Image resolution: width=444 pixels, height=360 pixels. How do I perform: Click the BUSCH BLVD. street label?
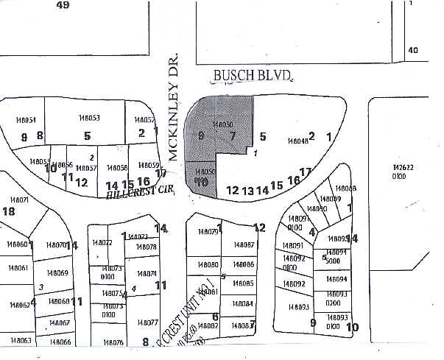pos(253,75)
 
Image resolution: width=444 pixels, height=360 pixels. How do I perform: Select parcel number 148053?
pos(89,118)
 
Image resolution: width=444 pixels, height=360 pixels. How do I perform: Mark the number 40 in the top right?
pos(412,50)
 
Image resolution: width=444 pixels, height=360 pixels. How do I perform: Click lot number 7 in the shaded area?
pos(233,136)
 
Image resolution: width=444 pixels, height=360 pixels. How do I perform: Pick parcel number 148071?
pos(19,200)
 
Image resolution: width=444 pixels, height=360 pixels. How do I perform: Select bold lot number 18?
pos(9,211)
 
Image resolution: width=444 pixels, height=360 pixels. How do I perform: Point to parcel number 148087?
pos(242,245)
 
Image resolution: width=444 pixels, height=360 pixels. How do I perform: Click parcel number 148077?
pos(147,322)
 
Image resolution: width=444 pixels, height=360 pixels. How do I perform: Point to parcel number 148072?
pos(101,242)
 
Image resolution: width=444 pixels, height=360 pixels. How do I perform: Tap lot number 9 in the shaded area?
pos(201,135)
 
